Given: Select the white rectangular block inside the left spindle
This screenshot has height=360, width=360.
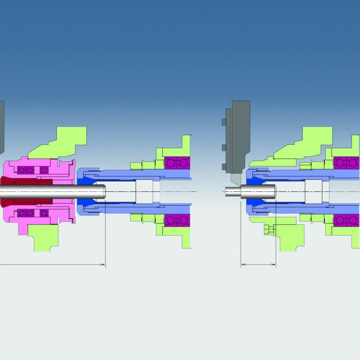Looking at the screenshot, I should tap(144, 191).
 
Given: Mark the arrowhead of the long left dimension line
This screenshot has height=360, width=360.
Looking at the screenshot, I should tap(103, 265).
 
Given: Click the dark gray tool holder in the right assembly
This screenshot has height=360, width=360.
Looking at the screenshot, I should tap(239, 136).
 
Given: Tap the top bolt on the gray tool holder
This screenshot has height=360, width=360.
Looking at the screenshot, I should tap(223, 122).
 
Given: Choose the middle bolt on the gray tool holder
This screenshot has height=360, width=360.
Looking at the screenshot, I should tap(223, 147).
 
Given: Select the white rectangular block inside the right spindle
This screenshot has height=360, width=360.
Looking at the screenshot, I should tap(313, 191).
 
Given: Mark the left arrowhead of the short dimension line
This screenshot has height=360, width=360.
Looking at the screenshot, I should tap(243, 265).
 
